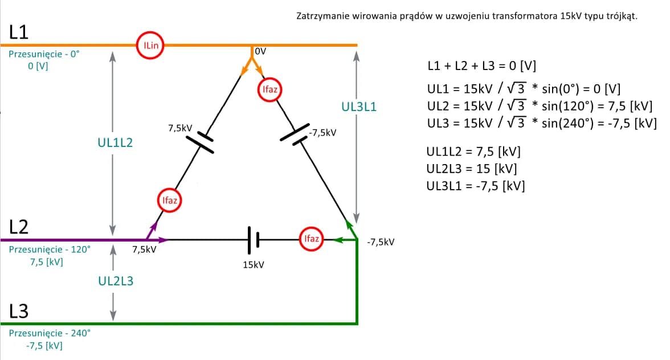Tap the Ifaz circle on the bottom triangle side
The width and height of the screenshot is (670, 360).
tap(312, 239)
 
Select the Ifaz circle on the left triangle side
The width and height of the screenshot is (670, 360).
tap(169, 200)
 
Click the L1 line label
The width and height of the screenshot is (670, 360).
tap(19, 32)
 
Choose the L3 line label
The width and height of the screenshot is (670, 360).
tap(19, 312)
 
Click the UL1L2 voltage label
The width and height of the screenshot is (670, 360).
tap(115, 143)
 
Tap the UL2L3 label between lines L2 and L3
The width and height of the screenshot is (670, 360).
tap(115, 281)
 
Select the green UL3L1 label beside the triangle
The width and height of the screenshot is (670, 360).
tap(358, 107)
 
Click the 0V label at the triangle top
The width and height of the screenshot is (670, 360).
tap(260, 51)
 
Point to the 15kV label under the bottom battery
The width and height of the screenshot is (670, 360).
tap(253, 265)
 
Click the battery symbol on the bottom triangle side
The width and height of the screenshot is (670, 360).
tap(253, 239)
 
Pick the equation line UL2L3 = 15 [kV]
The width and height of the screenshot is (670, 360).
tap(473, 169)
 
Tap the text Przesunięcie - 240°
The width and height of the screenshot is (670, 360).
tap(50, 333)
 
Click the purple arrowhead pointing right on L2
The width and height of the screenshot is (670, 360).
tap(162, 240)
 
